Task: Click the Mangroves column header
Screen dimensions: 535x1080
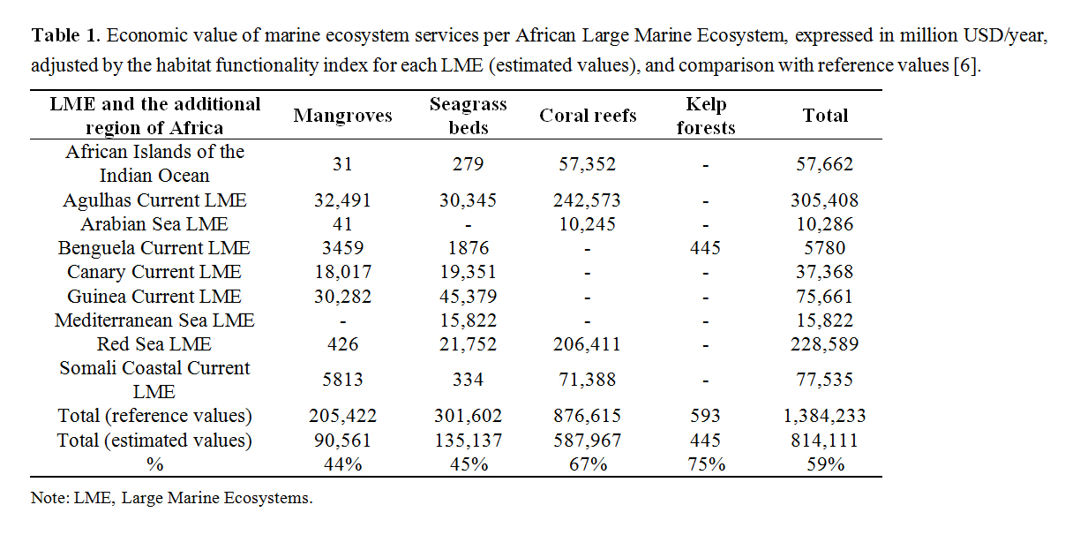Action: [342, 116]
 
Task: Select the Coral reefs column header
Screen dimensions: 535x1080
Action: [588, 116]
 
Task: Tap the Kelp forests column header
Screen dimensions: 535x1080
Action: [705, 116]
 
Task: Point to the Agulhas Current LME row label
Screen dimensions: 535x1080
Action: [154, 200]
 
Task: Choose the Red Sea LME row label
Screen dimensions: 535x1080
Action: [154, 344]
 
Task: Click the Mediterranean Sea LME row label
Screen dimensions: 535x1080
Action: [154, 320]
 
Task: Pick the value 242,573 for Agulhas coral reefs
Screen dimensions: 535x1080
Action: [588, 200]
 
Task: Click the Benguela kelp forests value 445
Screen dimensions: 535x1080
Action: [705, 248]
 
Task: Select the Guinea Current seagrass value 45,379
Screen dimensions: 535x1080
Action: [468, 297]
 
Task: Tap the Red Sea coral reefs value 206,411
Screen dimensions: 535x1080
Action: [588, 344]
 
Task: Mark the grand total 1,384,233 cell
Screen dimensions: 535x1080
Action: [825, 416]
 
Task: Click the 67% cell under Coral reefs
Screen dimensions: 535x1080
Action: [588, 463]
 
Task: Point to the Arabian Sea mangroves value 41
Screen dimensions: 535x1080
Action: [342, 224]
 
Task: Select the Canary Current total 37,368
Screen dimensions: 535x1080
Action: [825, 273]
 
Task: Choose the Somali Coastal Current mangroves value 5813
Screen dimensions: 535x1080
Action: [342, 380]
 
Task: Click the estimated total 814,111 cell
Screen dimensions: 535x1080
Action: [825, 440]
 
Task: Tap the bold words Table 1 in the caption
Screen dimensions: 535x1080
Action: [66, 36]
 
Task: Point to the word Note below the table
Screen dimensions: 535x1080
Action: [48, 498]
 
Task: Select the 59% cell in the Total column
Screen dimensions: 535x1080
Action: [825, 463]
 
